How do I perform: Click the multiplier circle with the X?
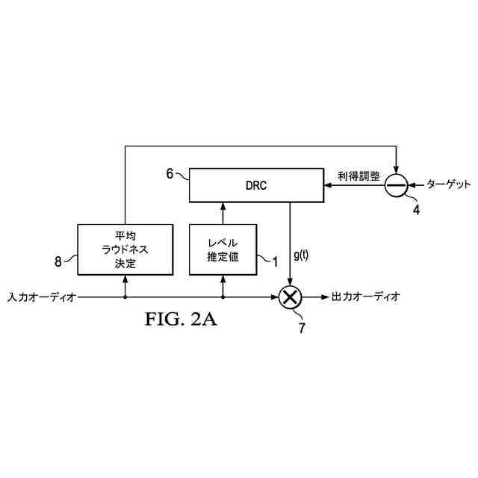pos(291,297)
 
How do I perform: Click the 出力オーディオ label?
pos(366,297)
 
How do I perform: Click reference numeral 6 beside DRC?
pos(170,173)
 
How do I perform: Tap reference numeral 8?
pos(58,261)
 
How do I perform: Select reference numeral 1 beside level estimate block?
pos(274,261)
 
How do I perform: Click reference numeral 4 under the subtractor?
pos(416,210)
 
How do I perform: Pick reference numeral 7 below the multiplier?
pos(302,326)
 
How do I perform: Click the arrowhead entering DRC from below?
pos(222,205)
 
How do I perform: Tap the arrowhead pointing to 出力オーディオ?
pos(324,297)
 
